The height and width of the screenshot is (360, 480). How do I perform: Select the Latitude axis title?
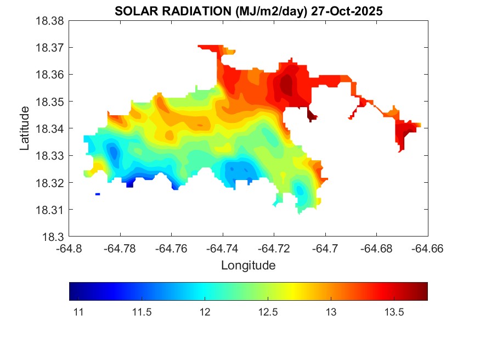[24, 128]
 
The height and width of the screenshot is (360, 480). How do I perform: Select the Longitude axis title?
[248, 266]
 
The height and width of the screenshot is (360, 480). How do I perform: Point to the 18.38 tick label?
[50, 21]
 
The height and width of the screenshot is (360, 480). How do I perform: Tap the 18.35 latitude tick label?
[50, 102]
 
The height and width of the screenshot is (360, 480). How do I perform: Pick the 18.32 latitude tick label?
[50, 183]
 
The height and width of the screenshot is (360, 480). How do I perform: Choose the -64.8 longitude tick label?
[69, 249]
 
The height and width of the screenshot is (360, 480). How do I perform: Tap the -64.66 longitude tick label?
[428, 249]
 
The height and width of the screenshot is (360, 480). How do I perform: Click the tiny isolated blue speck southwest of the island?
[98, 194]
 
